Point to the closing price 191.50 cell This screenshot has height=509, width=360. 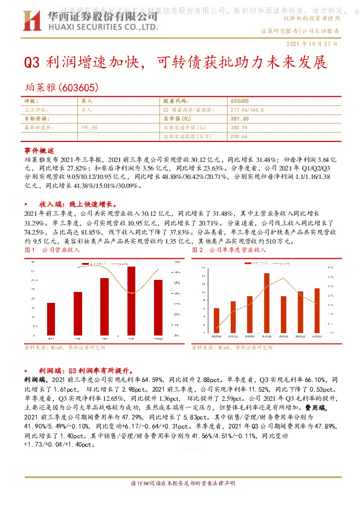pyautogui.click(x=89, y=128)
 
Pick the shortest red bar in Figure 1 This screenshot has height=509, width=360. pyautogui.click(x=51, y=320)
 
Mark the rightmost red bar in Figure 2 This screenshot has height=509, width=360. pyautogui.click(x=317, y=310)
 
